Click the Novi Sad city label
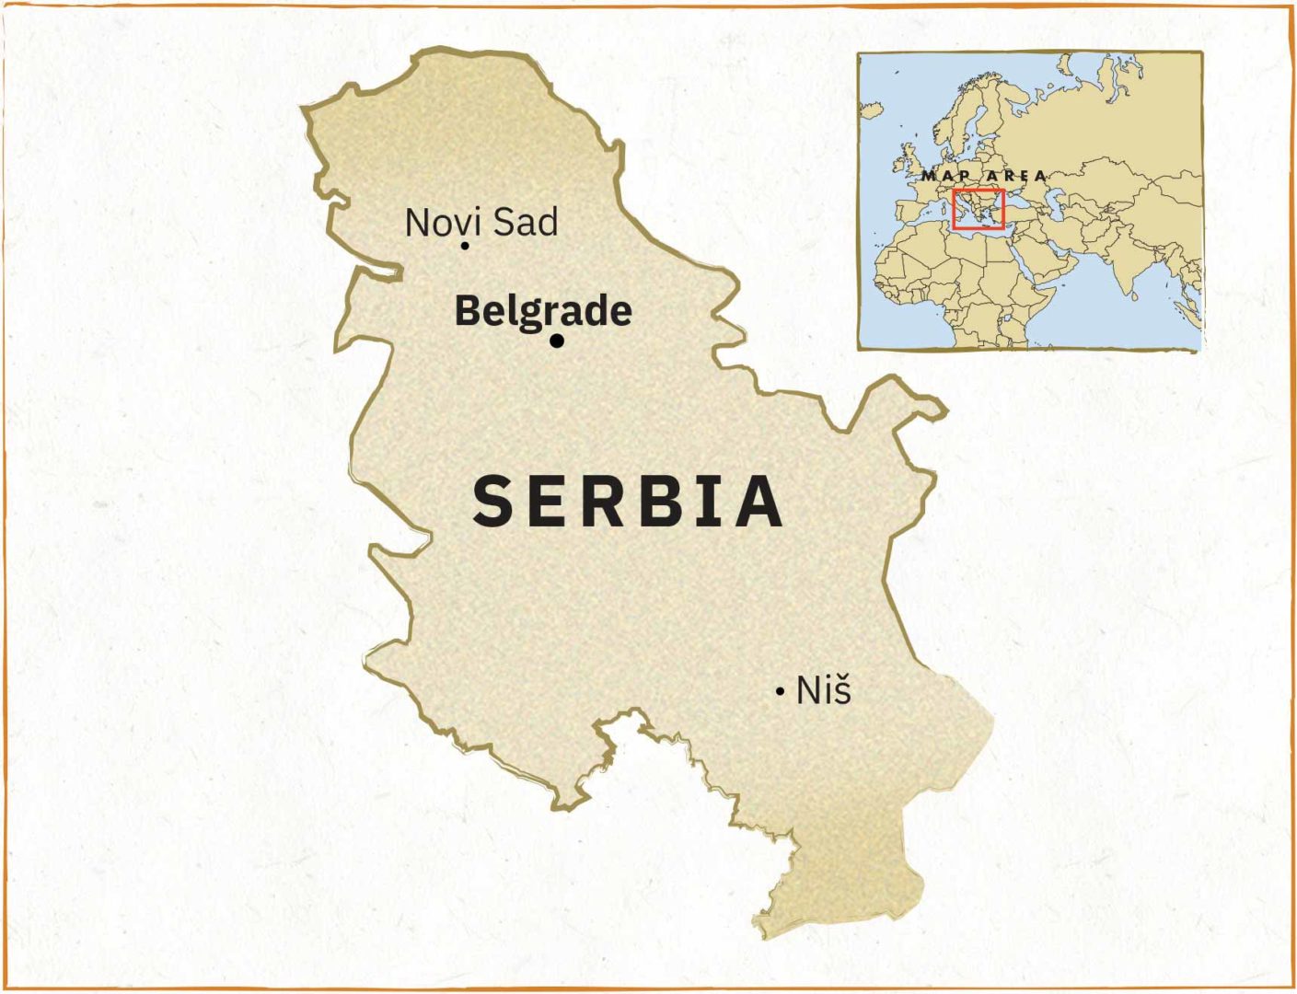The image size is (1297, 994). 481,223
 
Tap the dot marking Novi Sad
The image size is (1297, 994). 465,245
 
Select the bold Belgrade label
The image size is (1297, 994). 543,311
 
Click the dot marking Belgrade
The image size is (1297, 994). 556,341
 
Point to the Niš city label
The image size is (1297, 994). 824,690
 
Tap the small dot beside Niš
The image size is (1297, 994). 780,691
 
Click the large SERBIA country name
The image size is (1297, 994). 628,502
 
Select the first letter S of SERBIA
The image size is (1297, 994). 492,502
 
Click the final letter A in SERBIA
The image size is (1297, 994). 760,502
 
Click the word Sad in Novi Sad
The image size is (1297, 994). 526,223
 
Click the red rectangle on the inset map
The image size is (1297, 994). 978,209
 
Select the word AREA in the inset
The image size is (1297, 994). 1016,175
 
